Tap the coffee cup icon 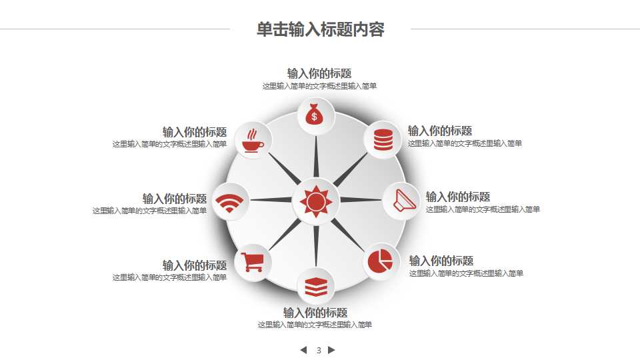(x=252, y=140)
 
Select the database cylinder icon (x=383, y=139)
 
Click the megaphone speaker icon (x=403, y=200)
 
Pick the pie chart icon (x=381, y=261)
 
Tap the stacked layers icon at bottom (x=316, y=287)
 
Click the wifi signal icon (x=230, y=202)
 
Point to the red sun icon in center (x=315, y=201)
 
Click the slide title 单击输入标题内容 (x=321, y=29)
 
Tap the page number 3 (x=319, y=350)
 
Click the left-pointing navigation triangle (x=303, y=350)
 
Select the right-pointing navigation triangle (x=332, y=350)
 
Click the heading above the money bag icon (x=319, y=73)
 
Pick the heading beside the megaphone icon (x=458, y=197)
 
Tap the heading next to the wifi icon (x=175, y=199)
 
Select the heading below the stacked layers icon (x=315, y=313)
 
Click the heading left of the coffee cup (x=195, y=132)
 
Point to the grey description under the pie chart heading (x=466, y=273)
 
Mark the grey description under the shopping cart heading (x=169, y=277)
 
